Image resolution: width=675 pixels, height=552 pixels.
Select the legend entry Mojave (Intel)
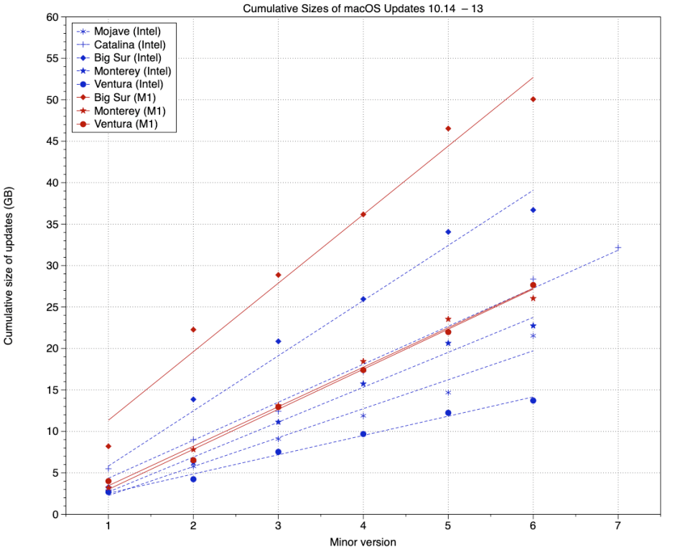pos(127,32)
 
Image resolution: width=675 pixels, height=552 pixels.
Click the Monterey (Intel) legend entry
pos(132,72)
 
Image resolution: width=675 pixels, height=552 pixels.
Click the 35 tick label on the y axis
pos(52,225)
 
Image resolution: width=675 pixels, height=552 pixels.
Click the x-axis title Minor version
pos(363,541)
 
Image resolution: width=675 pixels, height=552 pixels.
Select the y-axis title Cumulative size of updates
pos(9,266)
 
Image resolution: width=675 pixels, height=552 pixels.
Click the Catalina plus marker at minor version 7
pos(618,248)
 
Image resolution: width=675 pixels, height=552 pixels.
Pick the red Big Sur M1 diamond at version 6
pos(533,99)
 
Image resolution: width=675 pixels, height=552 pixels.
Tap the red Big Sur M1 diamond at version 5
pos(448,128)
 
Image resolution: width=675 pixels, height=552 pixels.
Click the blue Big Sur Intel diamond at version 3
pos(278,341)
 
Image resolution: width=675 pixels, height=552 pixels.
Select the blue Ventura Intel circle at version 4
pos(363,434)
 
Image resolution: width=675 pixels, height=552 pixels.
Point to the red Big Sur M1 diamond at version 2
pos(193,329)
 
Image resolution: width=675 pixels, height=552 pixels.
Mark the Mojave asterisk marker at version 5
pos(448,393)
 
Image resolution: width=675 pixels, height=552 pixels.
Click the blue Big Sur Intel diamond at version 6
pos(533,210)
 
